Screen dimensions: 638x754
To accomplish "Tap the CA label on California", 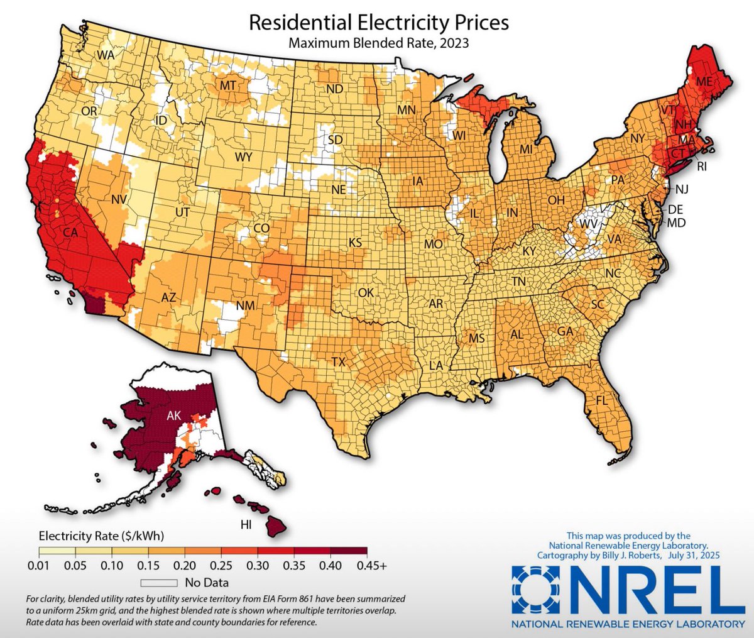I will click(70, 233).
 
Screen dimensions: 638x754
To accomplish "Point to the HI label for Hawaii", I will click(246, 524).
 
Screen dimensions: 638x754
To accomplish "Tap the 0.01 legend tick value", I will click(40, 566).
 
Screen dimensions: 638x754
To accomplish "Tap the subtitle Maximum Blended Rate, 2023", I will click(379, 43).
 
